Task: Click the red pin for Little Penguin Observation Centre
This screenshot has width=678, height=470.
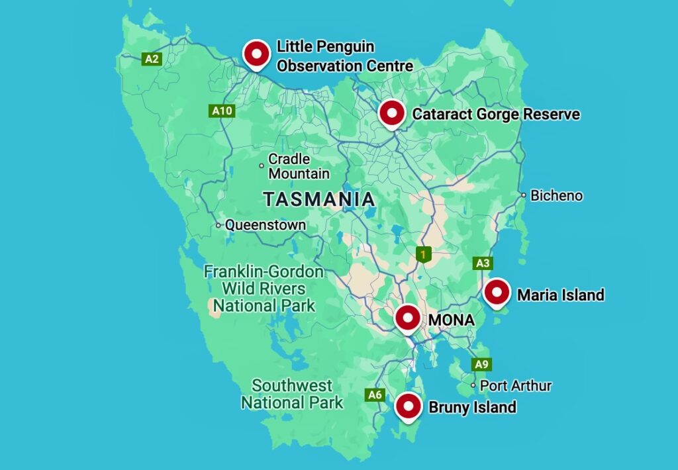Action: [256, 53]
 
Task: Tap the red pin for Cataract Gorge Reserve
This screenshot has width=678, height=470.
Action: [391, 114]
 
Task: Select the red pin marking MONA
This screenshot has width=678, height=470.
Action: [407, 318]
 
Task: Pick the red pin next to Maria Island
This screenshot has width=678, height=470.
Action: [496, 293]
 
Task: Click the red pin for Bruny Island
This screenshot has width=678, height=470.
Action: [408, 406]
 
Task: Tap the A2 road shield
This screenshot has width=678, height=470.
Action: [152, 59]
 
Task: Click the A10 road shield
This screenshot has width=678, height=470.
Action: [222, 111]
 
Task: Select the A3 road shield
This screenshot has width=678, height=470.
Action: [483, 263]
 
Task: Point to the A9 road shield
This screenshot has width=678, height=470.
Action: [481, 364]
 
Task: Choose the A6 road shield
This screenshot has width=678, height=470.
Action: [375, 395]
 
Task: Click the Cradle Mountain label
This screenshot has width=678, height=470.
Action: [298, 167]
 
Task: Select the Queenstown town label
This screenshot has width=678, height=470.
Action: [266, 225]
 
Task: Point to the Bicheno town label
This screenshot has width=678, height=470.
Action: [557, 196]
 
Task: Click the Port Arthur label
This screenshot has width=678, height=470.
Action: [515, 385]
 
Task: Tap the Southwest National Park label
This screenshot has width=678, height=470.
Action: [292, 394]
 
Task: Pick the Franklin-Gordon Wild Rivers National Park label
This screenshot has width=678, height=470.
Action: [263, 289]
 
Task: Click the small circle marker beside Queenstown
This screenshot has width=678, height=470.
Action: [218, 225]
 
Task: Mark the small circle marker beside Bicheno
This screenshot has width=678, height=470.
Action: [524, 195]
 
